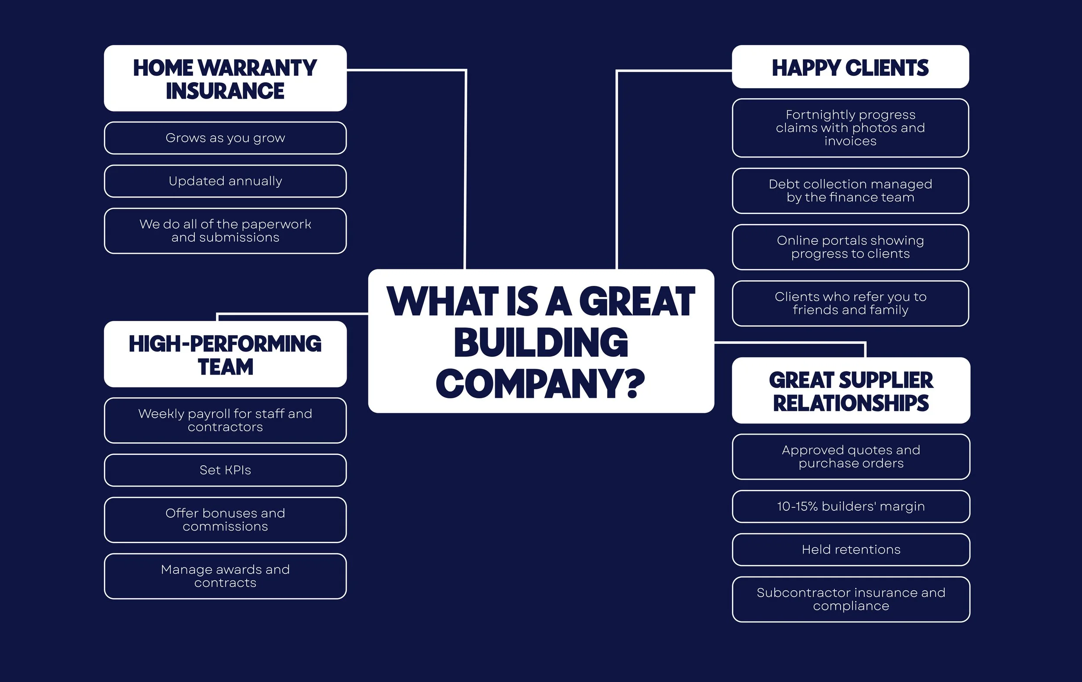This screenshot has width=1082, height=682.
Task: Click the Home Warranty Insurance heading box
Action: [x=225, y=79]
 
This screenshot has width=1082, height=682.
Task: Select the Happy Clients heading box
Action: [x=850, y=67]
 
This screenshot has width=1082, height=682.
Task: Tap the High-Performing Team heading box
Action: [x=225, y=354]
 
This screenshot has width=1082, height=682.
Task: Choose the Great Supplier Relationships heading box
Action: [x=850, y=391]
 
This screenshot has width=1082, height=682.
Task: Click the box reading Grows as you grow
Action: [x=225, y=138]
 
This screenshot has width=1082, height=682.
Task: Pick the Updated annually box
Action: [x=225, y=181]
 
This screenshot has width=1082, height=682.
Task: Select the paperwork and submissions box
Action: [x=225, y=231]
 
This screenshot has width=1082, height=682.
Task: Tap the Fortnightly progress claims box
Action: [x=850, y=128]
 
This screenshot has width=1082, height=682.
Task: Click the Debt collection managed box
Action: [x=850, y=191]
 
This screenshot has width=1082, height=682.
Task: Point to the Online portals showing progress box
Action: [x=850, y=247]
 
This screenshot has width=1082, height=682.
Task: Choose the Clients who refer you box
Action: [x=850, y=304]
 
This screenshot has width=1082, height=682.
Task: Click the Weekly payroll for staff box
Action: [x=225, y=420]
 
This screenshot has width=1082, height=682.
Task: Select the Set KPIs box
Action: [x=225, y=470]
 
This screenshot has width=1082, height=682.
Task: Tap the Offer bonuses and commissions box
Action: [x=225, y=520]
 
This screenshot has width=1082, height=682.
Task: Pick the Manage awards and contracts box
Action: [x=225, y=576]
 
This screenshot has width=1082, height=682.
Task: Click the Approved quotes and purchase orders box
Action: [x=850, y=457]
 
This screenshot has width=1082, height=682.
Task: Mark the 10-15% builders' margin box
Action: [x=850, y=506]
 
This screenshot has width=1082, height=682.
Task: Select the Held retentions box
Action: [x=850, y=550]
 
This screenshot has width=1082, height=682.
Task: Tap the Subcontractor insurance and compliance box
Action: [x=850, y=599]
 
